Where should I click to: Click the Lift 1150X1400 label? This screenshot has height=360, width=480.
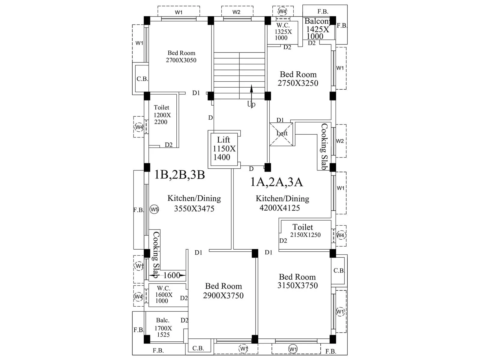(224, 148)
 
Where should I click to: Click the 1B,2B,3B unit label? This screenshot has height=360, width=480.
(179, 175)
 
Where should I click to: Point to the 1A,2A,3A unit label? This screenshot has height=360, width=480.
(276, 182)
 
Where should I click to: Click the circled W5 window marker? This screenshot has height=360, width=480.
(154, 209)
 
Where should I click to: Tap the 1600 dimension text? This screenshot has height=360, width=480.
(172, 275)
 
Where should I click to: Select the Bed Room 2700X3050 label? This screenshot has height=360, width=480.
(181, 56)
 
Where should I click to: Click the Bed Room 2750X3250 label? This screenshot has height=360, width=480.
(298, 79)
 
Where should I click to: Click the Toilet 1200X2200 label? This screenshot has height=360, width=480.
(162, 115)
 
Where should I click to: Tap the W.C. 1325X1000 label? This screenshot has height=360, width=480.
(283, 31)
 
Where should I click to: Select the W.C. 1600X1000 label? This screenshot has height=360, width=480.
(163, 295)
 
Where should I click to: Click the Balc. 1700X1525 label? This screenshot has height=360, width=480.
(163, 328)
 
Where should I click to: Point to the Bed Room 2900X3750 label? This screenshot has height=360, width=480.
(223, 291)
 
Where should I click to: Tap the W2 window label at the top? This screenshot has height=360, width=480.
(236, 12)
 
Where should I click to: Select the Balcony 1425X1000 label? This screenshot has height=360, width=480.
(317, 29)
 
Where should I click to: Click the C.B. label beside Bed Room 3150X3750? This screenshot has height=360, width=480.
(339, 271)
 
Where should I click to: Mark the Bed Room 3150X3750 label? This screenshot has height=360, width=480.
(297, 281)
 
